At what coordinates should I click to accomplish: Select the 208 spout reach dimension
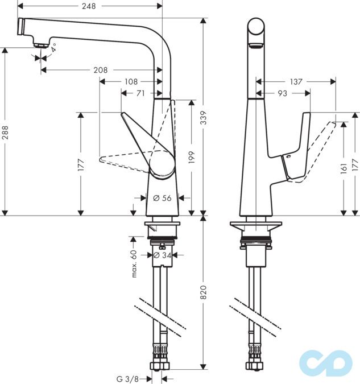point(101,70)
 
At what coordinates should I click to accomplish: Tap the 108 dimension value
point(130,81)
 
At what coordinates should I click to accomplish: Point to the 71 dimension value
point(139,93)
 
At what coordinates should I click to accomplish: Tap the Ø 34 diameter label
point(163,255)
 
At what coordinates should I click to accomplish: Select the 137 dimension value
point(296,82)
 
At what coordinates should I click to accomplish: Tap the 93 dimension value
point(282,93)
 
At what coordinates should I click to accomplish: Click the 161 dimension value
point(343,169)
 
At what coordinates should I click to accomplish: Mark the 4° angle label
point(53,49)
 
